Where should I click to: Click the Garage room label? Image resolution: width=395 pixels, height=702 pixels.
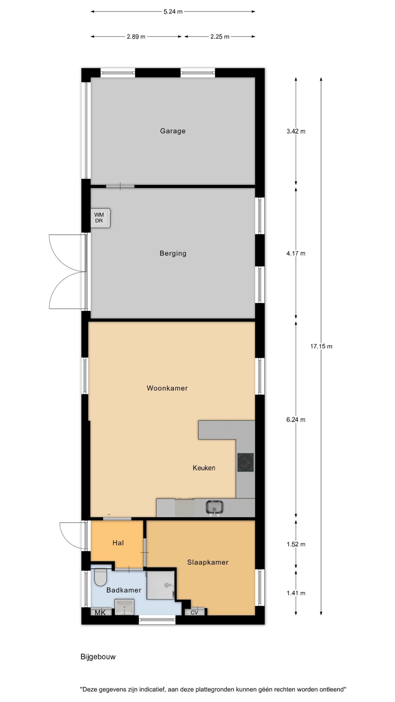point(173,131)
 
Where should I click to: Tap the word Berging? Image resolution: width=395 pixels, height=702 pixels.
point(173,253)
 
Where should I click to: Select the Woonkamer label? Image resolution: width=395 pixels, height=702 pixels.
point(167,388)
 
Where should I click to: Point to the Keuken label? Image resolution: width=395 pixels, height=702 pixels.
point(204,468)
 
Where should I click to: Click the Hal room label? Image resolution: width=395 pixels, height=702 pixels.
point(118,543)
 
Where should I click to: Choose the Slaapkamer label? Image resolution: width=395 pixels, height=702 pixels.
point(208,562)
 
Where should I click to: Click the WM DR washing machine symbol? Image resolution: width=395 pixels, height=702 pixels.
point(101,218)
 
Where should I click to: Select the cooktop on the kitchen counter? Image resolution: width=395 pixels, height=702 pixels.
point(246,462)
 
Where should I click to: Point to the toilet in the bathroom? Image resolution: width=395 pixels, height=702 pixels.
point(100,577)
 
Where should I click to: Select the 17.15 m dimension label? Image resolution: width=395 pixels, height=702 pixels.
point(321,346)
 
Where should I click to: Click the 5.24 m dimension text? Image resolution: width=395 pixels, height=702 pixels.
point(173,12)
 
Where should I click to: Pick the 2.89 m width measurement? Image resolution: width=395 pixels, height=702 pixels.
point(136,36)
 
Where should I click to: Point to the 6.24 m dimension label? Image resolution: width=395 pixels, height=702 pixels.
point(296,420)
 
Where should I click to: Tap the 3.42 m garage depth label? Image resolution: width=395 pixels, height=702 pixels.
point(296,131)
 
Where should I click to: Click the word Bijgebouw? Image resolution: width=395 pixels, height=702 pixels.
point(98,657)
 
